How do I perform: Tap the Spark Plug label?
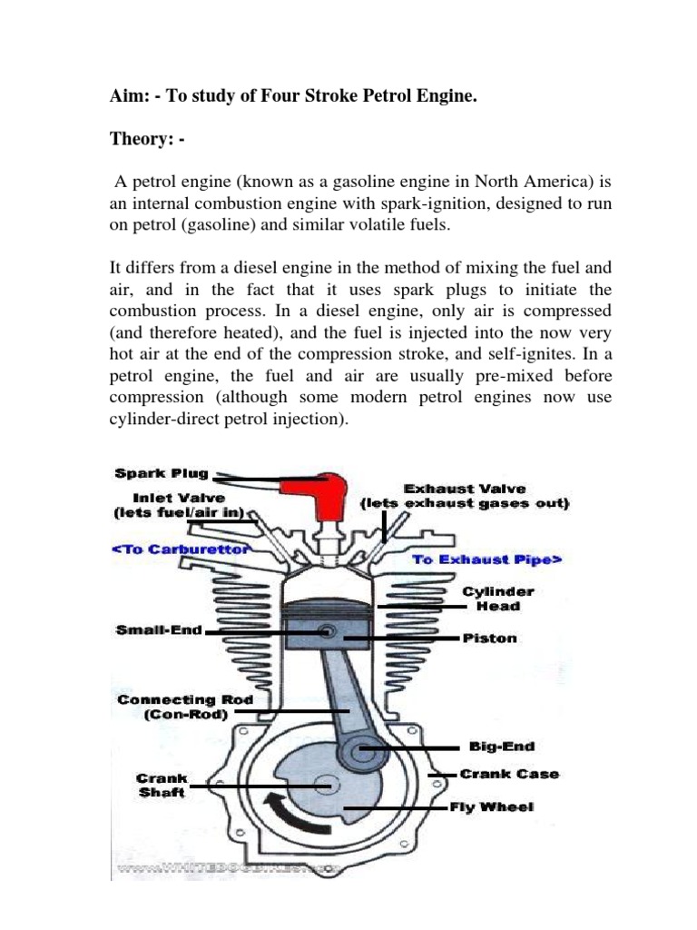[162, 473]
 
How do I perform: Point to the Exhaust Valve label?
[465, 496]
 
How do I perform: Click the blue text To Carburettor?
[182, 549]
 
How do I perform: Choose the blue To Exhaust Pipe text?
[487, 559]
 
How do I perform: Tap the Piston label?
[490, 638]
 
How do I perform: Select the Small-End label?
[159, 629]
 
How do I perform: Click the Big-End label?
[502, 747]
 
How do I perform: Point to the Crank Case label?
[509, 774]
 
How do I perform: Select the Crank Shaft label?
[161, 786]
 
